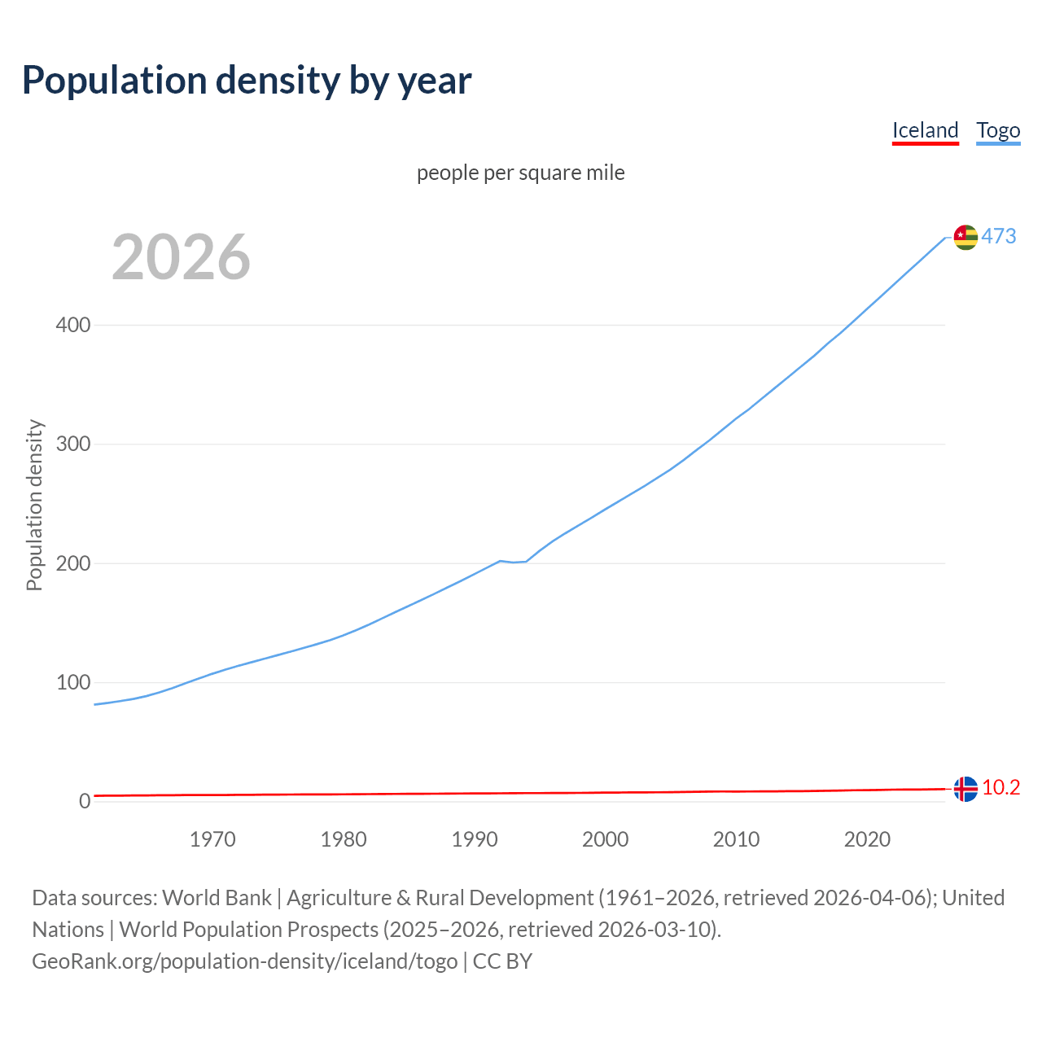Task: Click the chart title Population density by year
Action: click(247, 80)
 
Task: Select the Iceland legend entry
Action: click(925, 130)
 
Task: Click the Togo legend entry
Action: click(998, 130)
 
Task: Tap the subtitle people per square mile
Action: click(521, 173)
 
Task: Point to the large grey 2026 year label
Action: click(181, 257)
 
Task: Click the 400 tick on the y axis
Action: click(73, 325)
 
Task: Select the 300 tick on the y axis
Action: click(73, 444)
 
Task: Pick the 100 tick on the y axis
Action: click(73, 682)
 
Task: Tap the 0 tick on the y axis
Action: click(85, 801)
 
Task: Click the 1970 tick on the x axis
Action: click(212, 839)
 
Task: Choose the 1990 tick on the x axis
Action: click(475, 839)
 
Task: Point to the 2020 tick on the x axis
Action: click(867, 839)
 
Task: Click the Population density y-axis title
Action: click(34, 505)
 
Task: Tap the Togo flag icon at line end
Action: click(965, 237)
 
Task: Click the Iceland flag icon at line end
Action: click(965, 789)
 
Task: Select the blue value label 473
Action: click(999, 236)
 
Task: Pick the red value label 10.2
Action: click(1000, 788)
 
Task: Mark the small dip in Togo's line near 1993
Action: click(514, 562)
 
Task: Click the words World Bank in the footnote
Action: click(217, 898)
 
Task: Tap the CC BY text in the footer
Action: click(502, 961)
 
